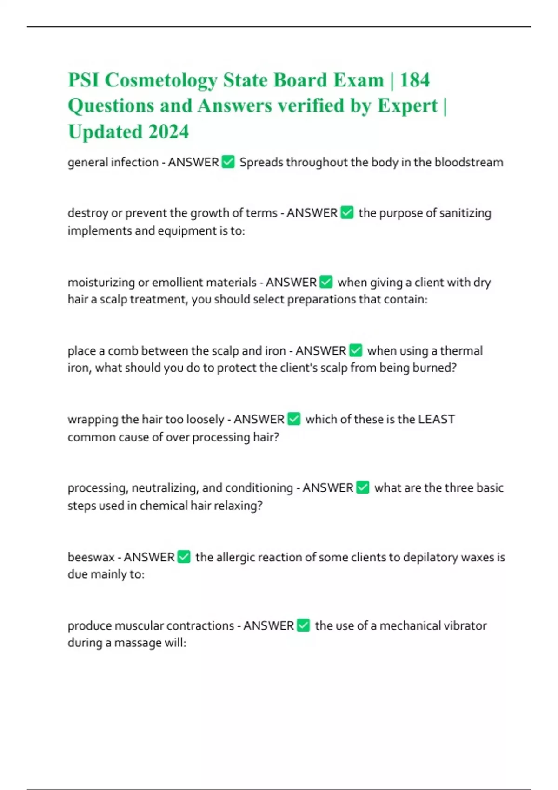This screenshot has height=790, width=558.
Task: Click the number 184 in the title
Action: (x=415, y=80)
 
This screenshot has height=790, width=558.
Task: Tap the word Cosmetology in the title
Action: (x=160, y=80)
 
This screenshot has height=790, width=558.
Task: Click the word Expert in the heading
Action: (x=407, y=106)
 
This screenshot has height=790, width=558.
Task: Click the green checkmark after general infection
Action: (x=228, y=162)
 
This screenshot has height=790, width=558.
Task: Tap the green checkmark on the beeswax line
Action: (x=184, y=557)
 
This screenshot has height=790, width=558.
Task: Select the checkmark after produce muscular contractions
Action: (x=303, y=625)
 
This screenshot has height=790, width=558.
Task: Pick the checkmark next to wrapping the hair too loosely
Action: (x=294, y=419)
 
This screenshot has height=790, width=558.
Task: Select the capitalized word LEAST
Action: (x=436, y=419)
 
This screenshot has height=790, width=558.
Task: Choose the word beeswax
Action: (x=91, y=557)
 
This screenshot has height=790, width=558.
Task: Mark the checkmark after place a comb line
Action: (x=356, y=350)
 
